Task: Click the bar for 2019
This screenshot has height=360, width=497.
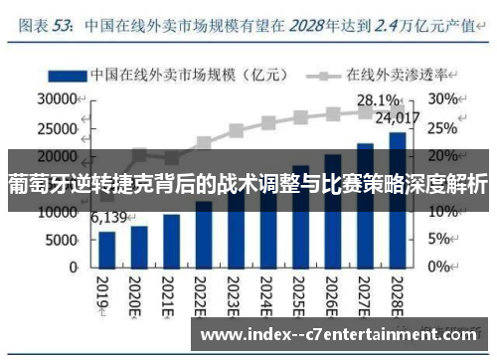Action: point(107,249)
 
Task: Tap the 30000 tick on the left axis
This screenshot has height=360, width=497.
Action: point(58,99)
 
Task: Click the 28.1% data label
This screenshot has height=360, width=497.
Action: point(379,100)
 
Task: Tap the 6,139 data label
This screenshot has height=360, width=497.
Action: point(109,218)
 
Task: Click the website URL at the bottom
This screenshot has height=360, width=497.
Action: point(342,335)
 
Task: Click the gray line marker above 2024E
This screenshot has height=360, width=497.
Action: point(268,124)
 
